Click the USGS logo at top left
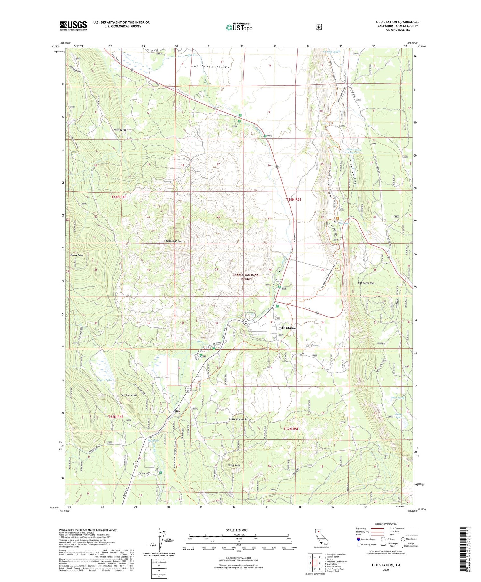point(73,26)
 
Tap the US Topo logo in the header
point(239,28)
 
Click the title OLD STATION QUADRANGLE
point(398,22)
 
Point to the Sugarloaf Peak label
point(174,241)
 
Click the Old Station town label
point(288,328)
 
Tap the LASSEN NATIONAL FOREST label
point(246,277)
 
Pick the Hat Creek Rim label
point(366,283)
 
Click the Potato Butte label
point(234,465)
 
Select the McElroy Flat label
point(121,130)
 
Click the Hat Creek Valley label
point(210,67)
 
